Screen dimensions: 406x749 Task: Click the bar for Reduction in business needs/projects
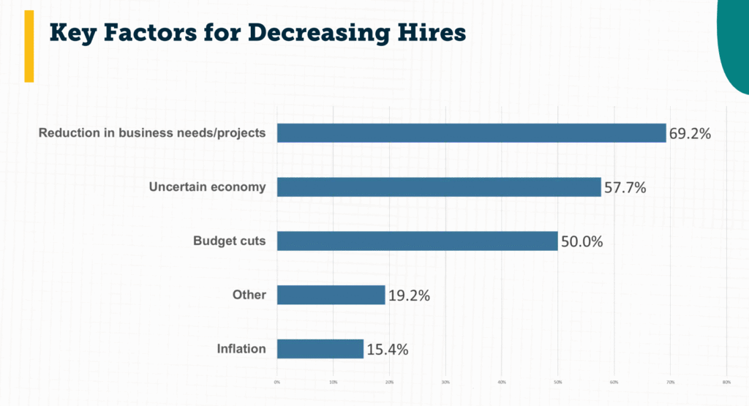pos(471,133)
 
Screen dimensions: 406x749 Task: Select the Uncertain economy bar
pos(439,187)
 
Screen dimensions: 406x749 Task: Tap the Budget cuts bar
pos(417,241)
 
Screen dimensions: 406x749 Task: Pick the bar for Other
pos(331,295)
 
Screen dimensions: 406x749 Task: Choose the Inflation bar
pos(320,349)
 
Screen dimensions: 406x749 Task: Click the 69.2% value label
pos(690,134)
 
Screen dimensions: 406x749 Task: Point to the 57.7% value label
pos(625,188)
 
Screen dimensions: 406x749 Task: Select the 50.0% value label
pos(581,241)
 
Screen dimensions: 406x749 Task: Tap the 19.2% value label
pos(409,296)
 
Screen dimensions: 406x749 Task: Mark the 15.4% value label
pos(387,350)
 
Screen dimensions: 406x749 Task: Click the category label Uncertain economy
pos(207,187)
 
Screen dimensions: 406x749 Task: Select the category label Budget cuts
pos(229,241)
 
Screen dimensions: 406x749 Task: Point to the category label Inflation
pos(241,349)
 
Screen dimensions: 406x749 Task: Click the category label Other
pos(249,296)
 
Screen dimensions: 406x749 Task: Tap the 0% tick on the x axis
pos(277,381)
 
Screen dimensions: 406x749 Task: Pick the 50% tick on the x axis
pos(557,381)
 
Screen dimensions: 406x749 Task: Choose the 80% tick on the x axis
pos(726,381)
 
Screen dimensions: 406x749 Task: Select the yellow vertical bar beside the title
pos(29,46)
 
